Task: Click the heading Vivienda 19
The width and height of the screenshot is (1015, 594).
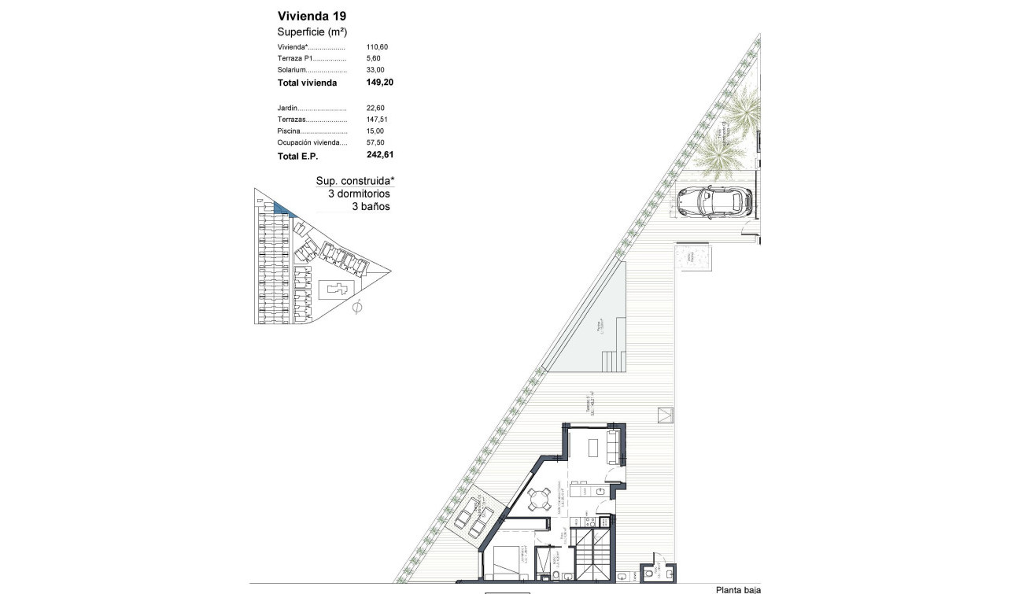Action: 312,16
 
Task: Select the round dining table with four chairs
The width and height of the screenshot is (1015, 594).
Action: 539,499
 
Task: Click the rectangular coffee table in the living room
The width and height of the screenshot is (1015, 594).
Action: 594,447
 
